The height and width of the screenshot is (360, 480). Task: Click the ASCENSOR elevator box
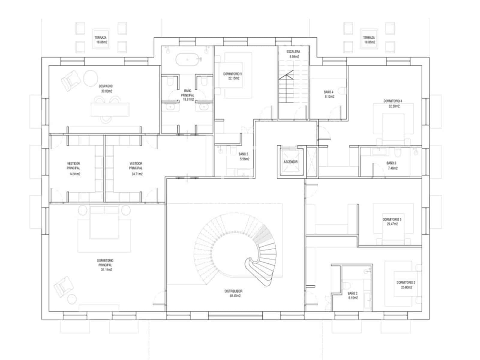(290, 162)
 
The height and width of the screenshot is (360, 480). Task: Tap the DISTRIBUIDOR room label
(233, 291)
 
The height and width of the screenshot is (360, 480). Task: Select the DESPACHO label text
(106, 86)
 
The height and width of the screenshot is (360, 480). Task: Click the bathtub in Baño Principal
(187, 59)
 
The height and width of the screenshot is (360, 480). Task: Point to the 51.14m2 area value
(106, 270)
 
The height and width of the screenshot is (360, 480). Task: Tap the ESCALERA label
(293, 52)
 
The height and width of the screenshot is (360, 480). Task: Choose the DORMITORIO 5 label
(232, 74)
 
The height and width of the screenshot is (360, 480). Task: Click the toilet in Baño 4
(342, 91)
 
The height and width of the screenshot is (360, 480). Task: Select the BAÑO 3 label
(391, 163)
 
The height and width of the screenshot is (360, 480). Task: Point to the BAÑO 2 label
(352, 293)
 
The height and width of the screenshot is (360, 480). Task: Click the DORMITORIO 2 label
(406, 283)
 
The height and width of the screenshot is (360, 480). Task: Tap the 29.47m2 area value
(392, 224)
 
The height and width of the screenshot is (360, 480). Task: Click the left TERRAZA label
(100, 38)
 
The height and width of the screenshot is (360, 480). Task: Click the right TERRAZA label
(369, 38)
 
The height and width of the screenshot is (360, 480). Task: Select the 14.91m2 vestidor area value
(73, 174)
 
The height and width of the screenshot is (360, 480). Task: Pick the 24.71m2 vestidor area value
(136, 174)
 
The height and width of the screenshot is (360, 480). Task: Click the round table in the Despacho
(91, 78)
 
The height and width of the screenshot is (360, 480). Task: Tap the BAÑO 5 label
(243, 154)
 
